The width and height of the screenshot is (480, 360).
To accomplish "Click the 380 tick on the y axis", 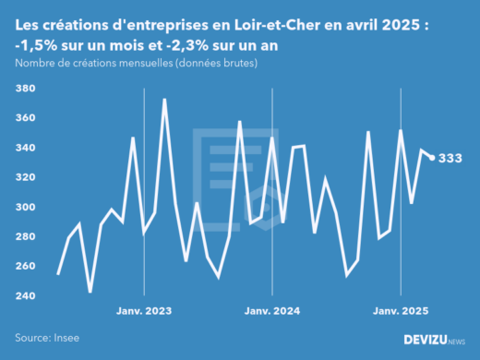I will (x=26, y=89).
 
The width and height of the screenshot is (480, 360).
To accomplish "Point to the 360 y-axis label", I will (x=26, y=118).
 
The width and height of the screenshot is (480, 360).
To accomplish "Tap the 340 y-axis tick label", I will (x=26, y=148).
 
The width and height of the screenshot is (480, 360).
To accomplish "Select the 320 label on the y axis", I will (x=26, y=177).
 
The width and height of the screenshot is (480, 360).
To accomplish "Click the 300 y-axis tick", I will (x=26, y=207).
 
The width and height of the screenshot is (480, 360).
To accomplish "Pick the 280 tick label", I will (x=26, y=236).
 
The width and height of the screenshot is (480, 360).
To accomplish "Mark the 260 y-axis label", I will (x=26, y=266).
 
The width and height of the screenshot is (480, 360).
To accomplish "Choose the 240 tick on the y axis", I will (x=26, y=295).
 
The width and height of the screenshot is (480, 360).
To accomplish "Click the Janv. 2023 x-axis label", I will (x=144, y=311).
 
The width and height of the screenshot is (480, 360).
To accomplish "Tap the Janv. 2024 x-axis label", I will (x=272, y=311).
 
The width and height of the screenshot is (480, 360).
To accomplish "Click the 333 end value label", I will (x=450, y=158).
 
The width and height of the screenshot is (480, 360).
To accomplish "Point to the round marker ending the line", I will (x=432, y=158).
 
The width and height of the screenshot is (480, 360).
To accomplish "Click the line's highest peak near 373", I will (x=165, y=100).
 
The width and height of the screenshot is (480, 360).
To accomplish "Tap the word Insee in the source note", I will (x=65, y=339).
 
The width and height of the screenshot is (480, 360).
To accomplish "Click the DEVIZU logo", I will (x=434, y=340).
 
